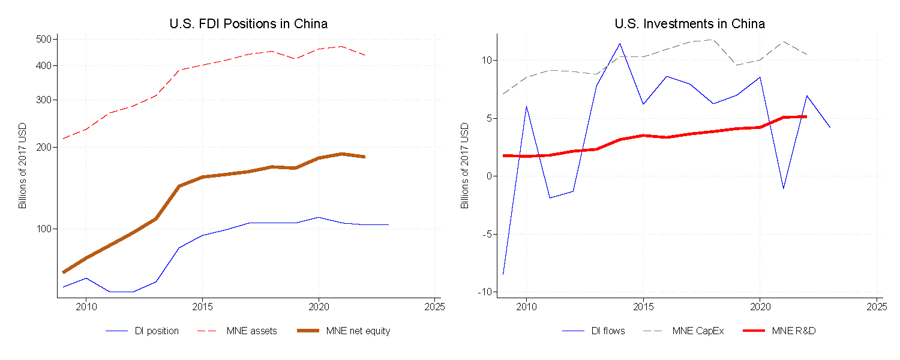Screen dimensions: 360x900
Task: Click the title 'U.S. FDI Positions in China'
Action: (248, 24)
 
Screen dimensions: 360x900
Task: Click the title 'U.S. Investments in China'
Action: (689, 24)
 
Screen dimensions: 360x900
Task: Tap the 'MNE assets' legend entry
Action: (251, 331)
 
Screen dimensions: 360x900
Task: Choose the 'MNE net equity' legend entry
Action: (359, 331)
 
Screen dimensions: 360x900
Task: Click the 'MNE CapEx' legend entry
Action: (698, 331)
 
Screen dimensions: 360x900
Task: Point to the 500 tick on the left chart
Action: (47, 39)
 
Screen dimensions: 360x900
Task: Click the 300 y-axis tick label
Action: (47, 100)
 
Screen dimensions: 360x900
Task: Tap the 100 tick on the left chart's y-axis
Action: (47, 229)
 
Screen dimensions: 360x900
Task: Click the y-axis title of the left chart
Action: (23, 166)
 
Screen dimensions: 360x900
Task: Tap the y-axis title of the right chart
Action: (464, 166)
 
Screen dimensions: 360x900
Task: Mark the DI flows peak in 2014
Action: (620, 43)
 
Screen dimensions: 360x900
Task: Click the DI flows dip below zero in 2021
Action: (783, 188)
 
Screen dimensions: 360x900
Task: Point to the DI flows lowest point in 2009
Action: (503, 274)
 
